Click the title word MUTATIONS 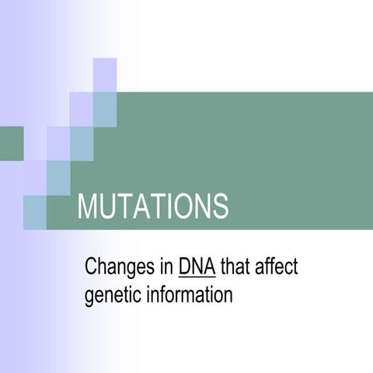153,207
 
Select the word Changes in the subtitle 117,269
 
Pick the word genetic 110,296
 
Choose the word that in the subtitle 233,269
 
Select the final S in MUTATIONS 221,207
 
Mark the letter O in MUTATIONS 184,207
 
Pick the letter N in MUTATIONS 204,207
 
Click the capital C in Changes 91,269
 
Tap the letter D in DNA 184,269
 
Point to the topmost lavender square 105,74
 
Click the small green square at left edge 11,142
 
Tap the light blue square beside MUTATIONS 34,211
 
